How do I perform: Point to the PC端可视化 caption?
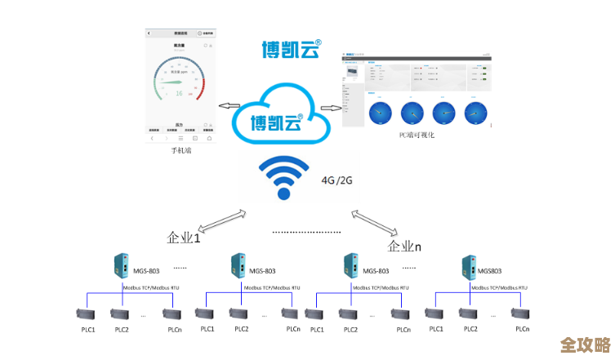tap(417, 135)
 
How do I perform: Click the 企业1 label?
tap(184, 238)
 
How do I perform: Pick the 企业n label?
tap(405, 246)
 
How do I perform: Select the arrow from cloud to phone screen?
tap(228, 106)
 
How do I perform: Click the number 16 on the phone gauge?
tap(179, 93)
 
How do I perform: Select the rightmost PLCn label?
tap(523, 329)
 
